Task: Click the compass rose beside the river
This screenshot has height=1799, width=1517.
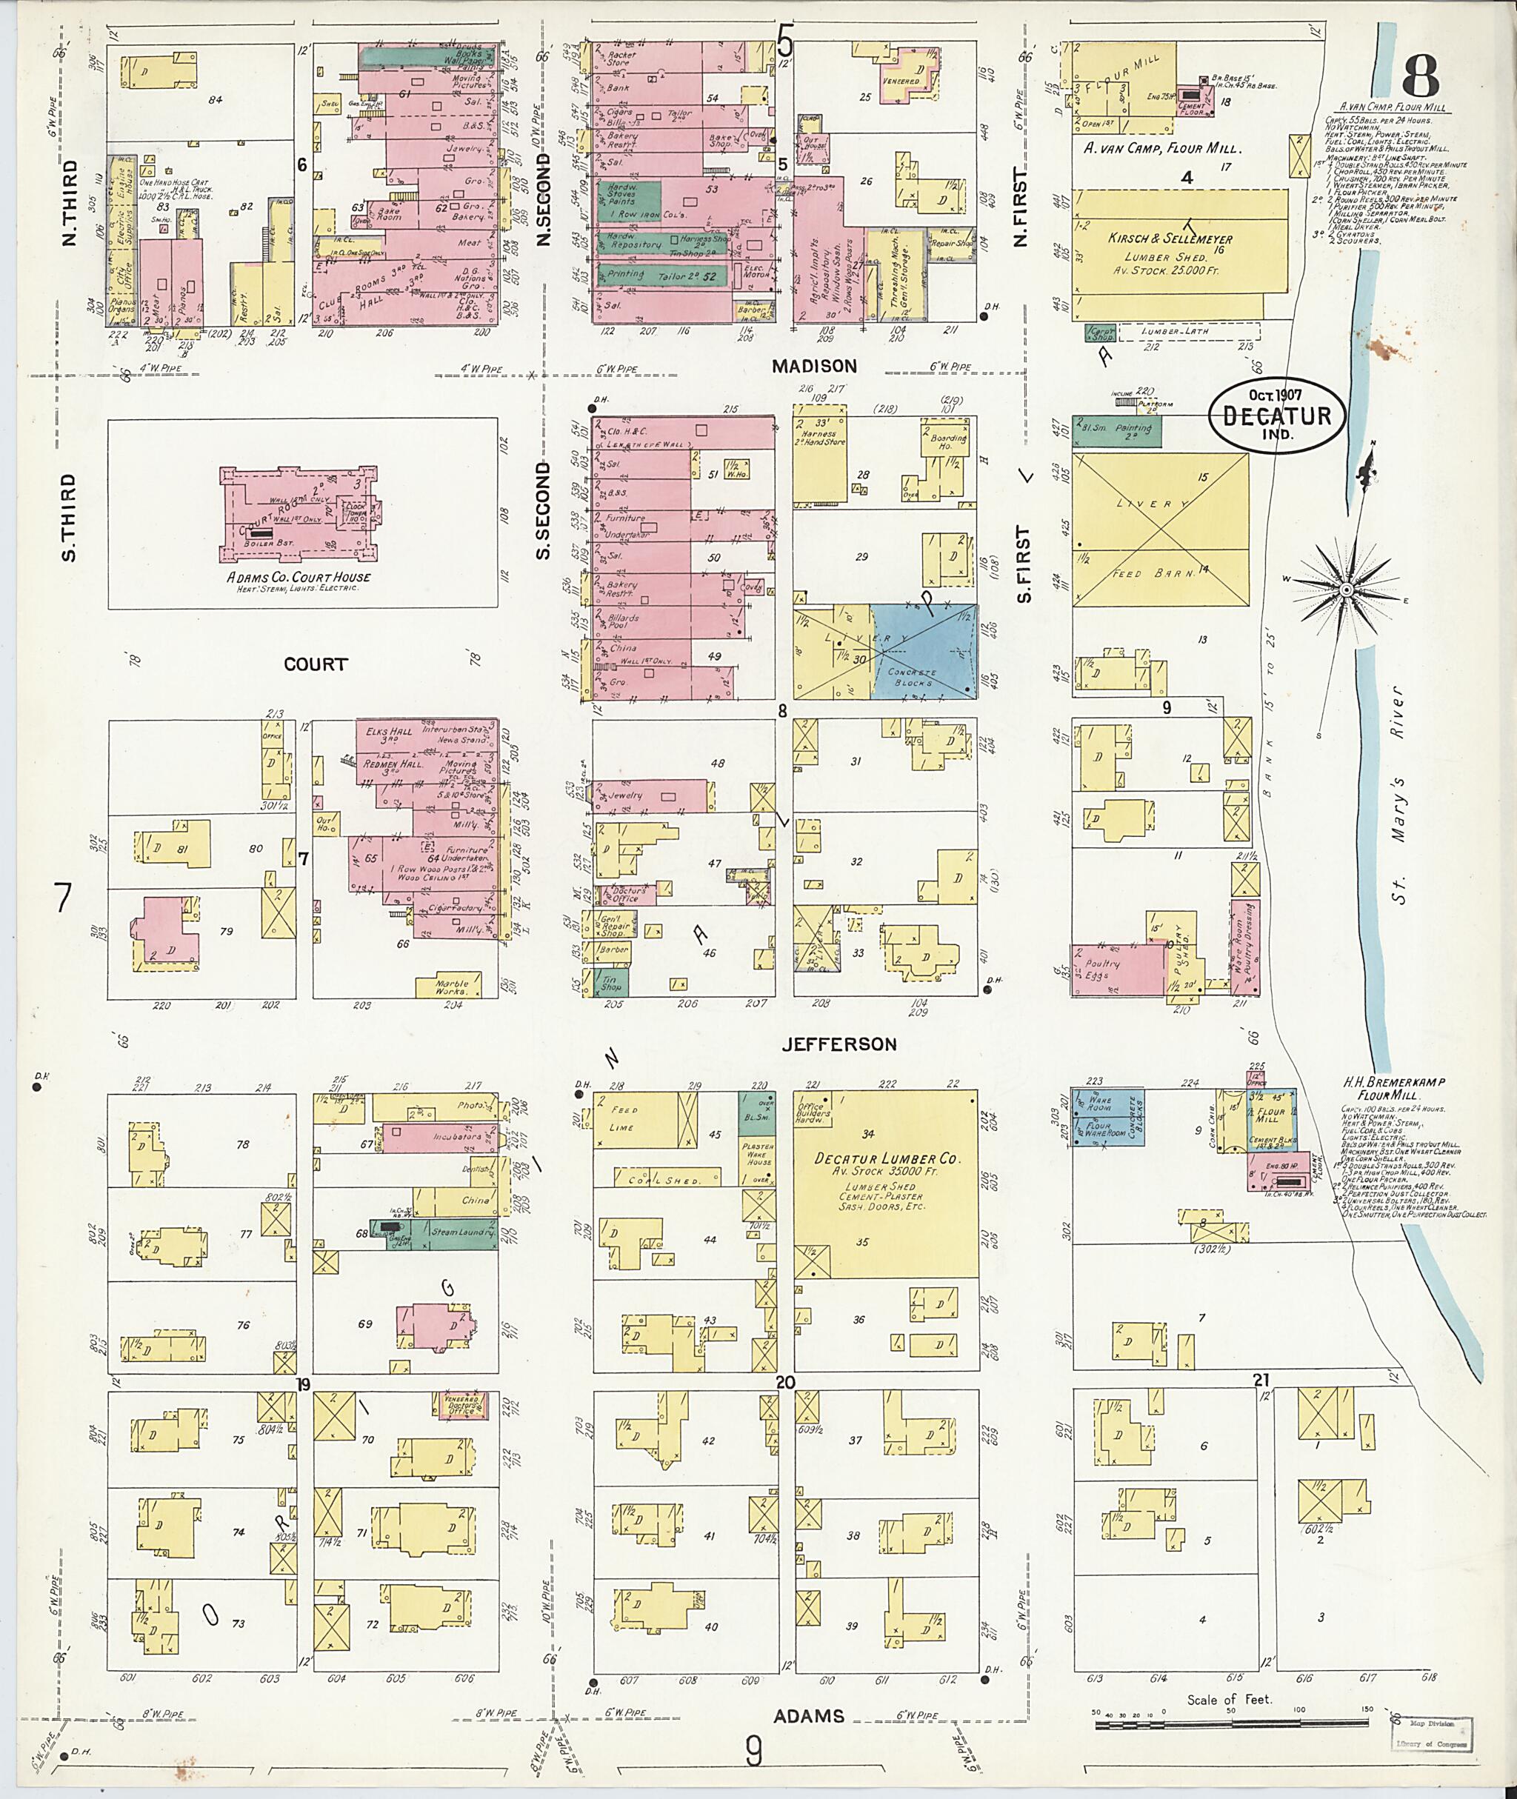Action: pyautogui.click(x=1346, y=590)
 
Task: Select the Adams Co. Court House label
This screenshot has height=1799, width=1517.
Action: pyautogui.click(x=299, y=577)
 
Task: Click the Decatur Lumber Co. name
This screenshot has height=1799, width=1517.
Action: pyautogui.click(x=887, y=1159)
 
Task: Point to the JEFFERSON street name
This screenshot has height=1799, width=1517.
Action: pyautogui.click(x=839, y=1044)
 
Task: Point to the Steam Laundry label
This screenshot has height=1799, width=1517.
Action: pyautogui.click(x=466, y=1233)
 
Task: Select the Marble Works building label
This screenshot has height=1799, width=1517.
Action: pyautogui.click(x=453, y=987)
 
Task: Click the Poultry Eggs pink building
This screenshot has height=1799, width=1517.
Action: pyautogui.click(x=1104, y=970)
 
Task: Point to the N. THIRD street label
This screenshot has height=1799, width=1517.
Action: pyautogui.click(x=70, y=202)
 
